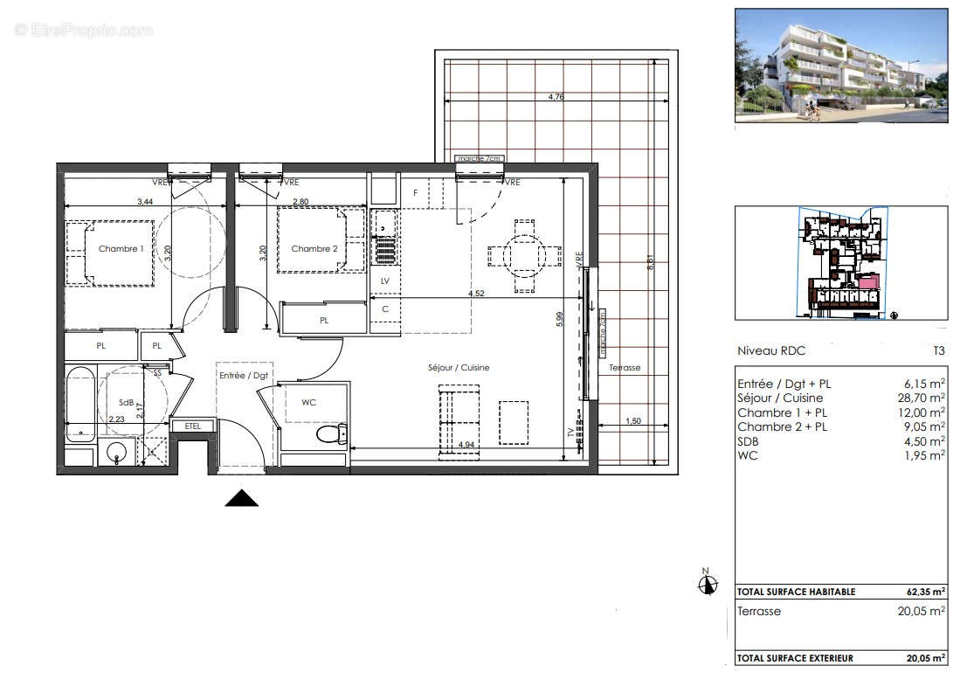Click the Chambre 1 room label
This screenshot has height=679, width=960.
pyautogui.click(x=121, y=249)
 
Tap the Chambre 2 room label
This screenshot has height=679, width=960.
pyautogui.click(x=314, y=249)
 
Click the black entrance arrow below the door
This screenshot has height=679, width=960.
pyautogui.click(x=242, y=498)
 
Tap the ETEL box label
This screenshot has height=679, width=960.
pyautogui.click(x=192, y=426)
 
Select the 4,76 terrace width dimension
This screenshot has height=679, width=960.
pyautogui.click(x=556, y=97)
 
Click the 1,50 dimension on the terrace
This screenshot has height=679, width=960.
pyautogui.click(x=634, y=422)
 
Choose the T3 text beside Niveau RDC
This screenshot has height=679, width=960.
pyautogui.click(x=938, y=351)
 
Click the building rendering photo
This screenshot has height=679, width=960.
pyautogui.click(x=840, y=66)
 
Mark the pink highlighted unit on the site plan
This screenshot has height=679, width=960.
pyautogui.click(x=867, y=282)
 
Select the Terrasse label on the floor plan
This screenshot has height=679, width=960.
pyautogui.click(x=625, y=368)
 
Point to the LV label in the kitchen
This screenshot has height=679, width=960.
pyautogui.click(x=385, y=281)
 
